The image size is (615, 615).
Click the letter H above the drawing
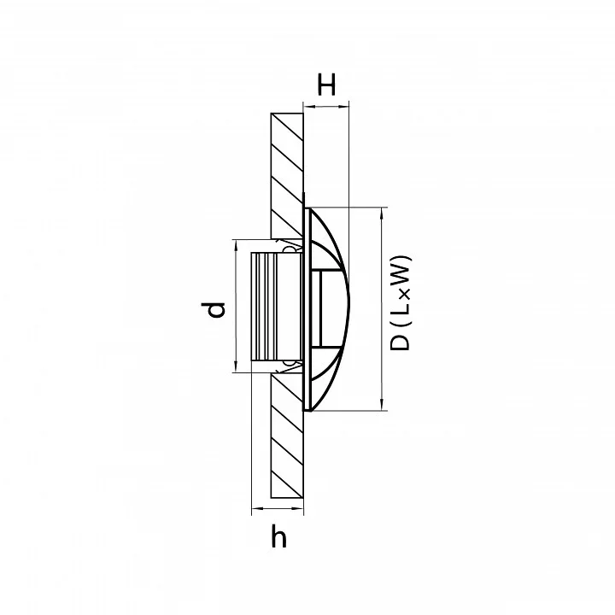coord(326,85)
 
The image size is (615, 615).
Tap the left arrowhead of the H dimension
coord(307,105)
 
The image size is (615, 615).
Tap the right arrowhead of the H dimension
coord(344,105)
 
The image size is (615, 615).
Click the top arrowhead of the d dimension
coord(236,244)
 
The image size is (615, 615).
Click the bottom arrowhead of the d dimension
coord(236,366)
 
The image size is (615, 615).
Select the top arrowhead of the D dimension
coord(382,212)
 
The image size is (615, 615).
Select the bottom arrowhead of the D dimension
coord(382,405)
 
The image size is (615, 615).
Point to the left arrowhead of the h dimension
coord(256,509)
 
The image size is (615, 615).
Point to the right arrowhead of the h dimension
coord(299,509)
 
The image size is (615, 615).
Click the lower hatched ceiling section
coord(287,436)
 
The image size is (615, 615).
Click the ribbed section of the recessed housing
coord(264,307)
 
